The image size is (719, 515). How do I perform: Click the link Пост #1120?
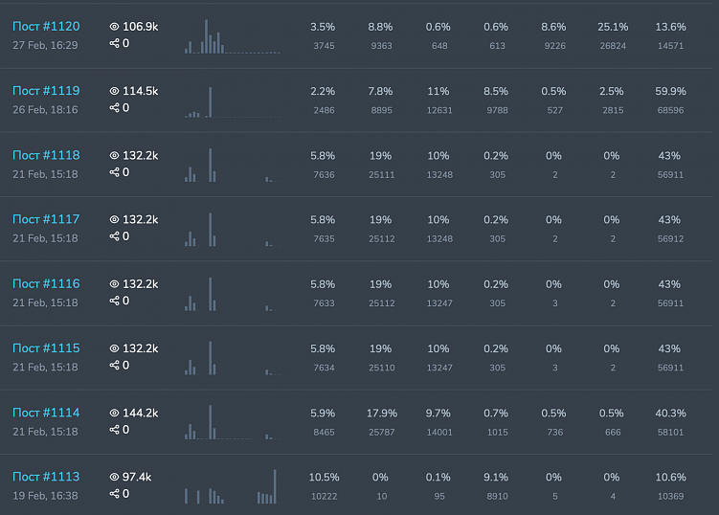click(46, 27)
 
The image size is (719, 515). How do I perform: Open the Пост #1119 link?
click(46, 91)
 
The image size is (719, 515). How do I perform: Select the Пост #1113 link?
click(46, 477)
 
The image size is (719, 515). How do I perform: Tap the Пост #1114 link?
click(46, 413)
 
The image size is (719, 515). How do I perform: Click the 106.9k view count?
click(140, 27)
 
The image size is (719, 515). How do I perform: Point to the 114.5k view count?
click(140, 91)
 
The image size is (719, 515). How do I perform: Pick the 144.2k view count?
click(140, 413)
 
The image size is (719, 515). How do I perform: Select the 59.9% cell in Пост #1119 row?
click(670, 92)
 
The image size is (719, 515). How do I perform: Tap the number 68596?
click(670, 110)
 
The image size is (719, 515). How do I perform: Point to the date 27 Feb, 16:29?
click(45, 45)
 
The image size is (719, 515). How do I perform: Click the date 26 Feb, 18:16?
click(45, 109)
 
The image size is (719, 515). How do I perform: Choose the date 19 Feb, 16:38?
click(45, 495)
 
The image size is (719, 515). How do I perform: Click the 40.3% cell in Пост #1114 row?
click(670, 414)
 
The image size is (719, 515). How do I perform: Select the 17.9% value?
click(381, 414)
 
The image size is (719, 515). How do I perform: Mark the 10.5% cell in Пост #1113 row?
click(324, 478)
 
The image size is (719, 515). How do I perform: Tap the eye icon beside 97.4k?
click(115, 477)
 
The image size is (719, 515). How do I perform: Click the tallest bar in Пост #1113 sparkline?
click(275, 486)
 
